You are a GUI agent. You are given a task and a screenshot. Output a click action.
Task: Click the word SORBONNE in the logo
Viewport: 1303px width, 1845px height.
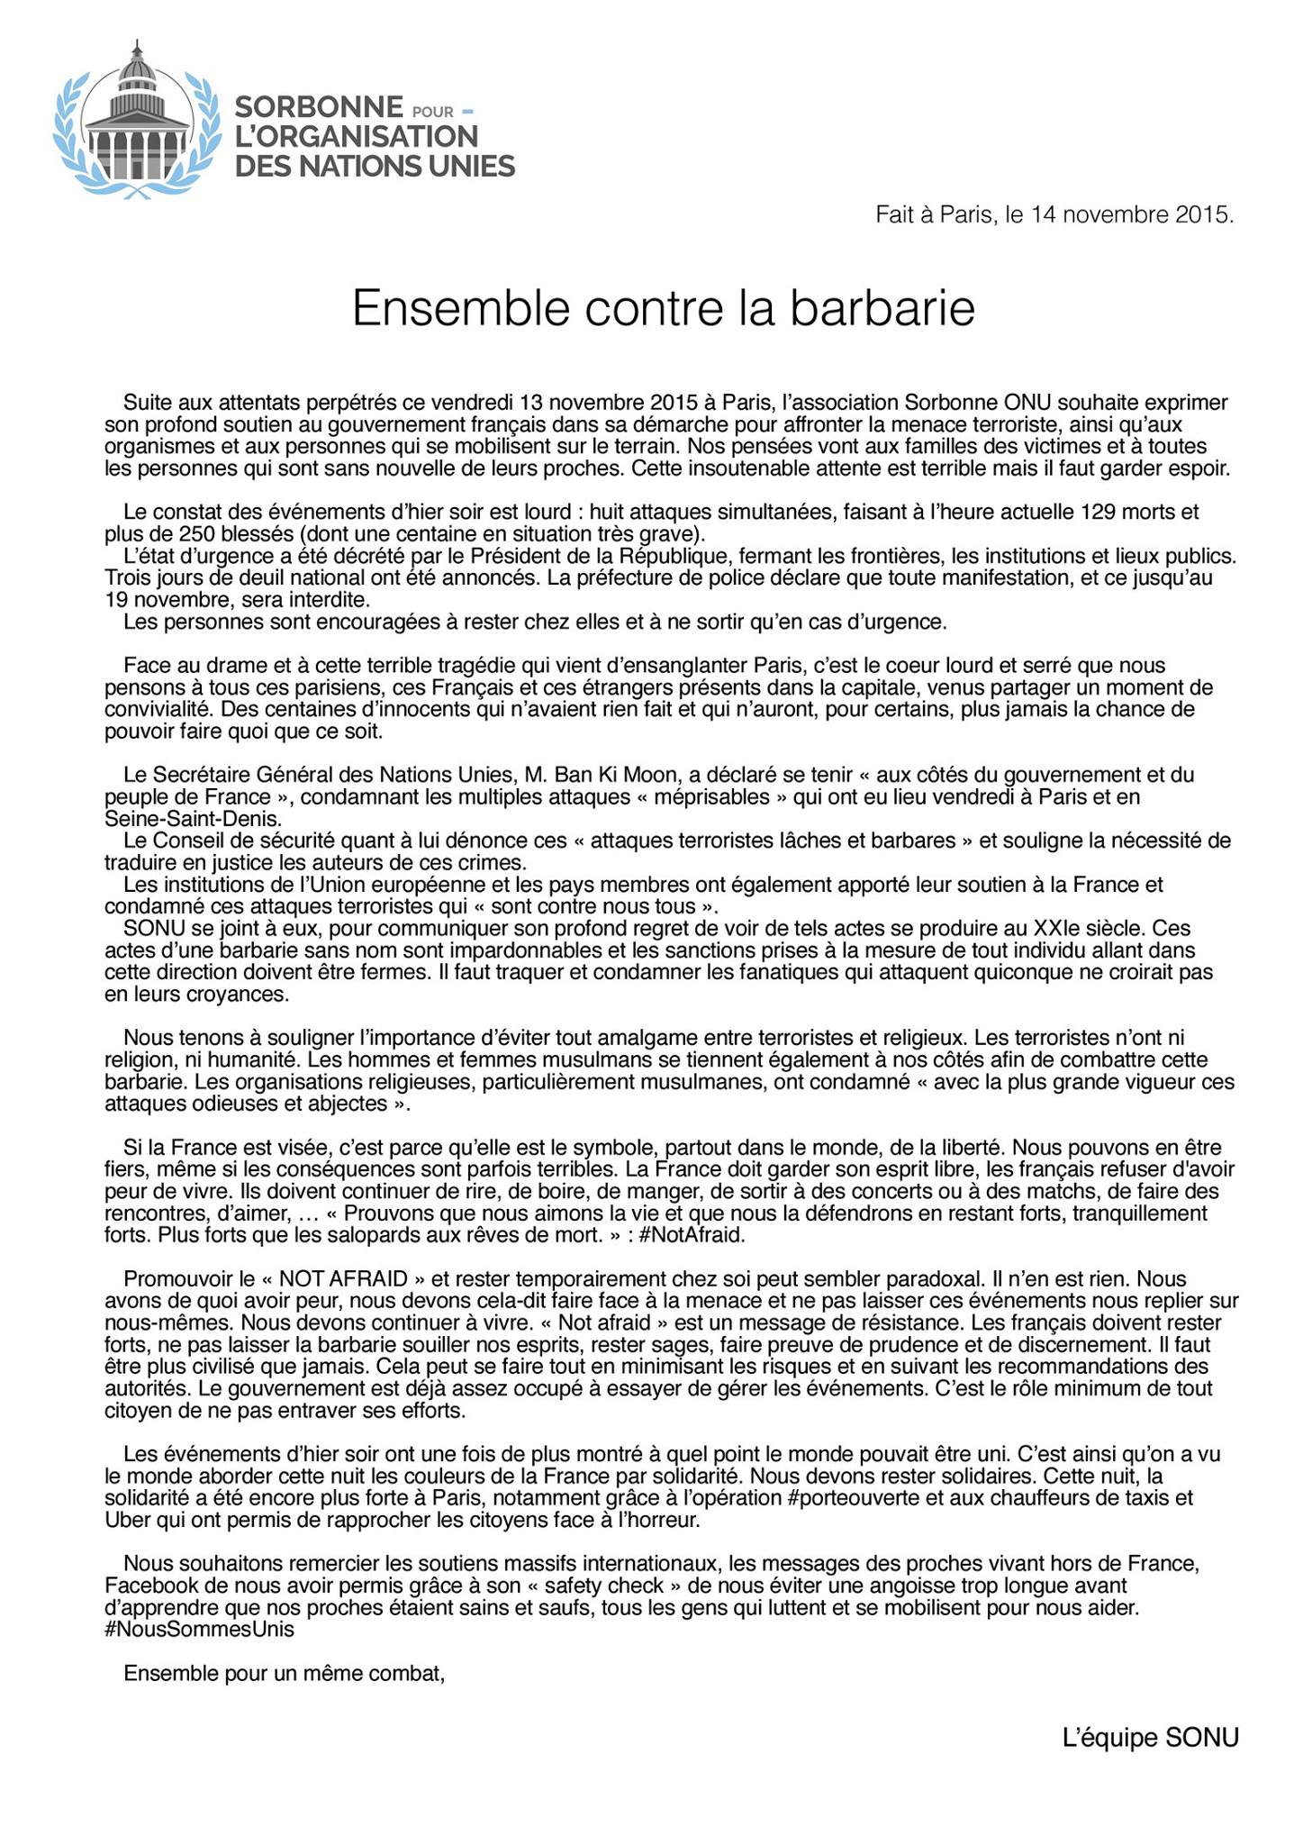tap(318, 108)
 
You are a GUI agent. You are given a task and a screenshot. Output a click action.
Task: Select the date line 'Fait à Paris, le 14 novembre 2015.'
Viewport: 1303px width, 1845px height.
tap(1054, 215)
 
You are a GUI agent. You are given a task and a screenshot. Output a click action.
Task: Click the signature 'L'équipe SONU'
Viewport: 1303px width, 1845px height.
tap(1150, 1737)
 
